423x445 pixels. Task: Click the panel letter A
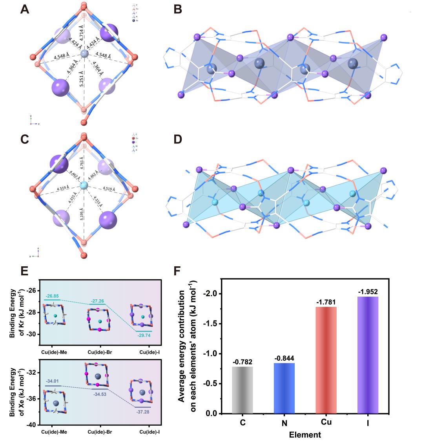coord(24,9)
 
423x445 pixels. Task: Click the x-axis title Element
coord(305,435)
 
